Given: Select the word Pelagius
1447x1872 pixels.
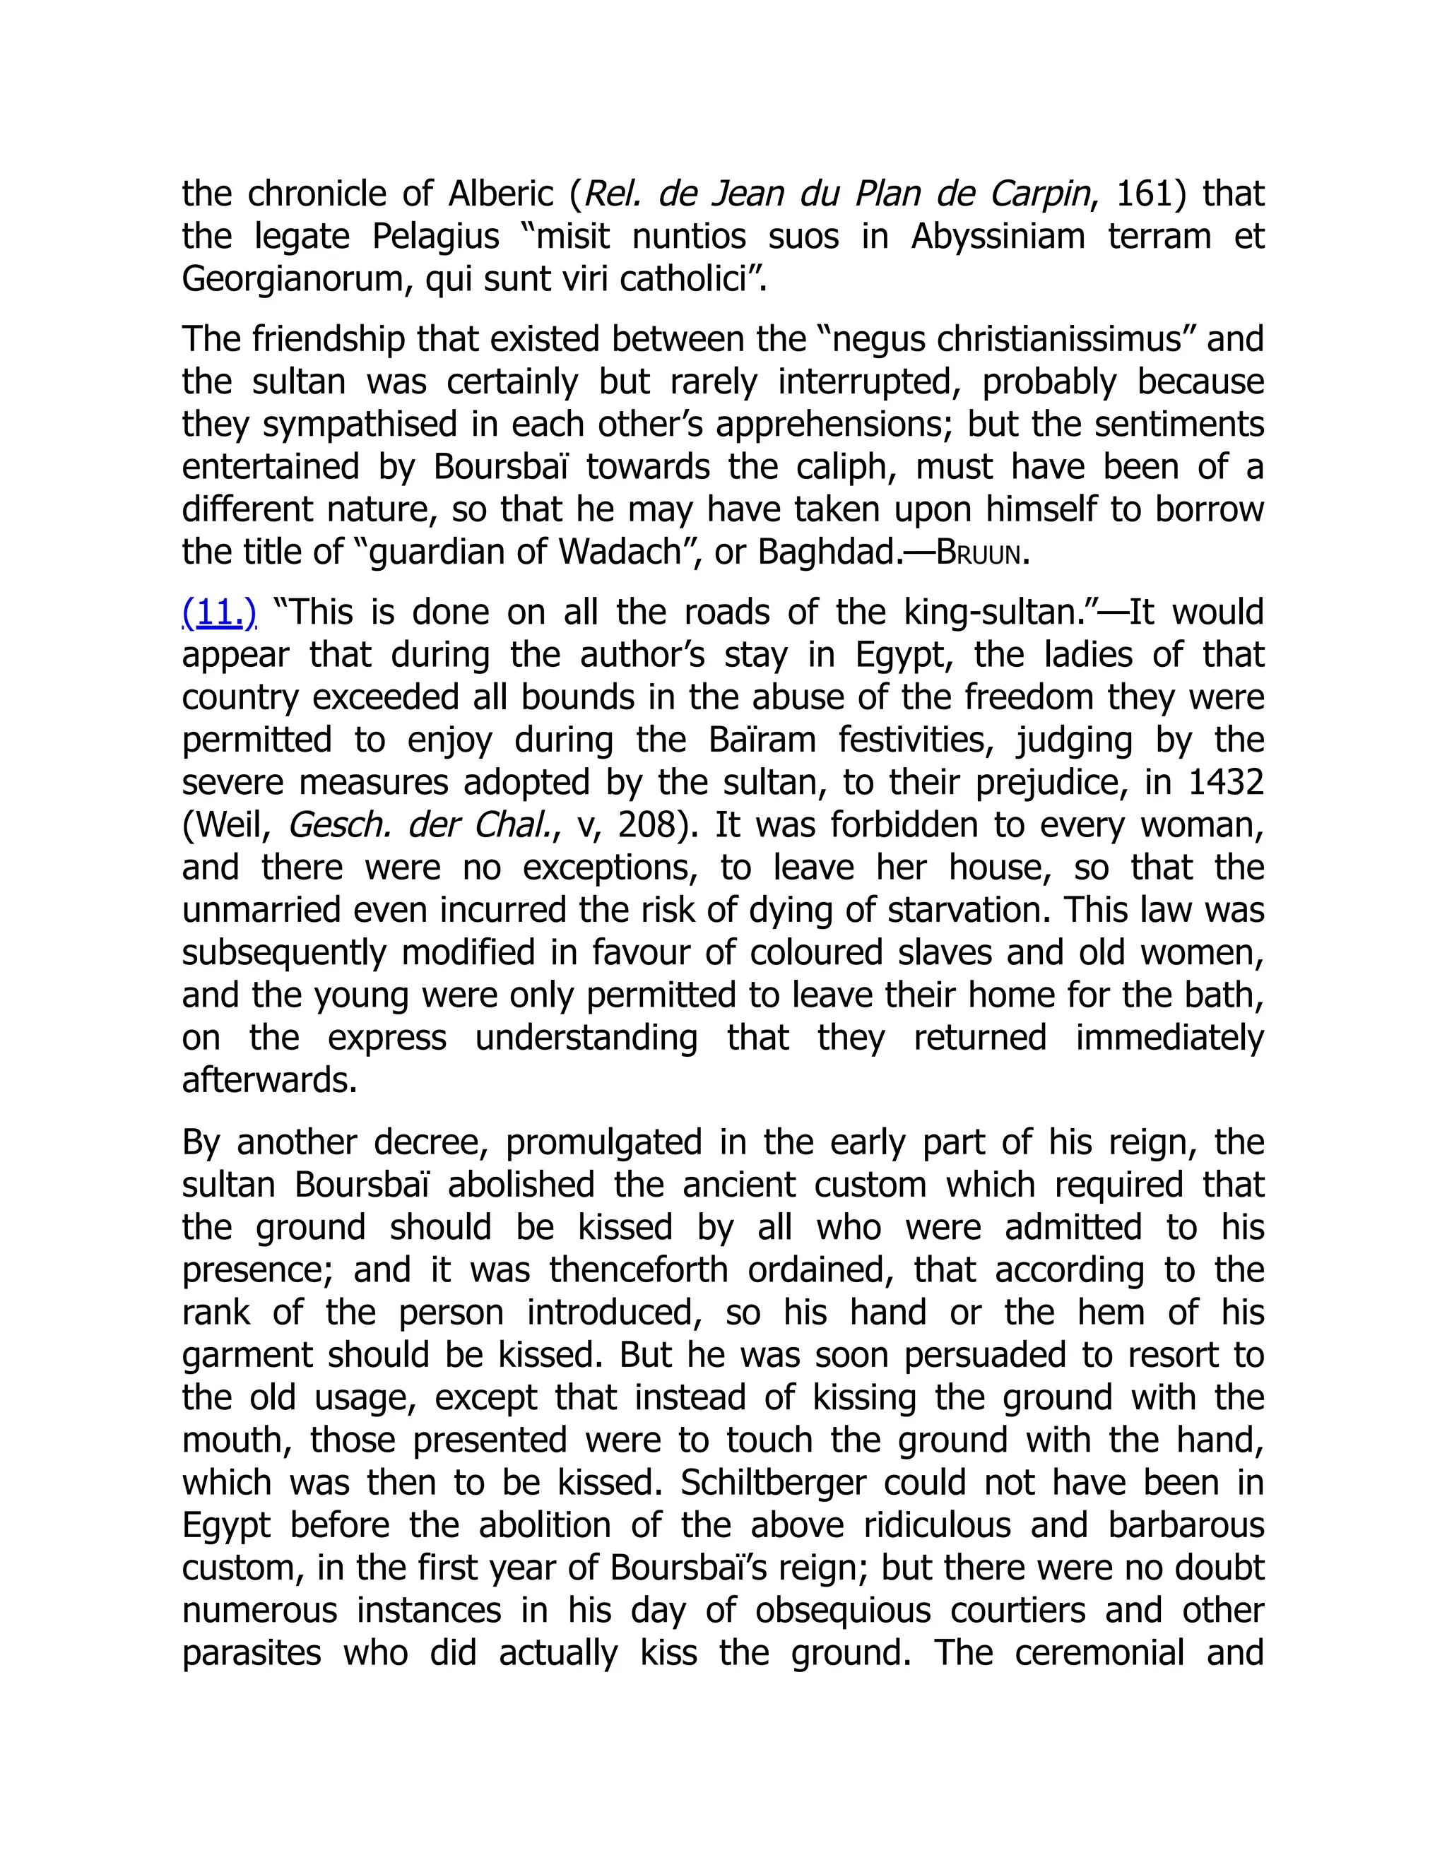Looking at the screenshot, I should [x=435, y=237].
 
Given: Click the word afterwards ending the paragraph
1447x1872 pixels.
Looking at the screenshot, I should [x=268, y=1081].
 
